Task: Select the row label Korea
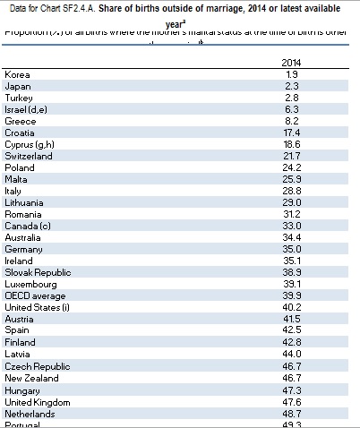click(17, 73)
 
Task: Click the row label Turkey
click(19, 97)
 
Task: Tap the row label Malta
click(17, 179)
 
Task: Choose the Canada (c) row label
click(28, 226)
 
